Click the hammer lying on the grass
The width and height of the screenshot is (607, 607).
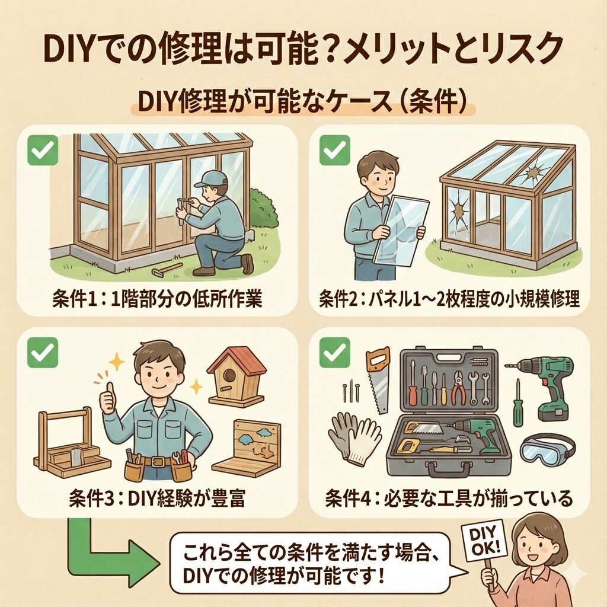167,269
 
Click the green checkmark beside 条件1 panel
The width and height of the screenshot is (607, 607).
43,150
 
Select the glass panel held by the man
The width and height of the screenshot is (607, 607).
400,231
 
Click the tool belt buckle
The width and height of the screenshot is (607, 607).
157,461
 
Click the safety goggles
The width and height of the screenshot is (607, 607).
548,451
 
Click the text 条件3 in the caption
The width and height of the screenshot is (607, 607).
91,498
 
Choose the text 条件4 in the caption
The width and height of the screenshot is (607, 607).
349,499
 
